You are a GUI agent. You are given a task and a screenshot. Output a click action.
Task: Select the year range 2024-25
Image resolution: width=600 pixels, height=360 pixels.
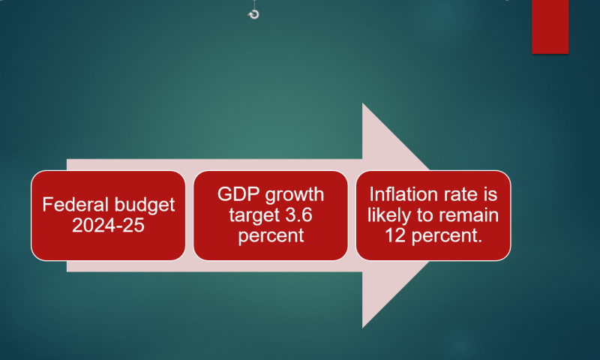(108, 225)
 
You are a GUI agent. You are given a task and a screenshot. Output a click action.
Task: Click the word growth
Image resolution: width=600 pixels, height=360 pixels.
(295, 195)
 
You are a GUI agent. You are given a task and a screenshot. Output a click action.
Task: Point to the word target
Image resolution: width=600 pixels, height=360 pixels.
(251, 215)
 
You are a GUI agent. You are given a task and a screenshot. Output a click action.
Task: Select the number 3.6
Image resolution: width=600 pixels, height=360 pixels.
(299, 214)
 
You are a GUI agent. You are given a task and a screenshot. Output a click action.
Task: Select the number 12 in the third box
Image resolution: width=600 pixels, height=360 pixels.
(395, 235)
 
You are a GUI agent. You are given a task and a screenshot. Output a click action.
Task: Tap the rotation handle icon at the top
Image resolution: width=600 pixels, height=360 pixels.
(253, 14)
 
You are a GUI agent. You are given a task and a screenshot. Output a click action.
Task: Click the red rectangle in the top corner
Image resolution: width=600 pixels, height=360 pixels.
(550, 27)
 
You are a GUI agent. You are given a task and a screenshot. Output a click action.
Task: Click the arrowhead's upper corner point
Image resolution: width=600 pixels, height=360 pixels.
(362, 103)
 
